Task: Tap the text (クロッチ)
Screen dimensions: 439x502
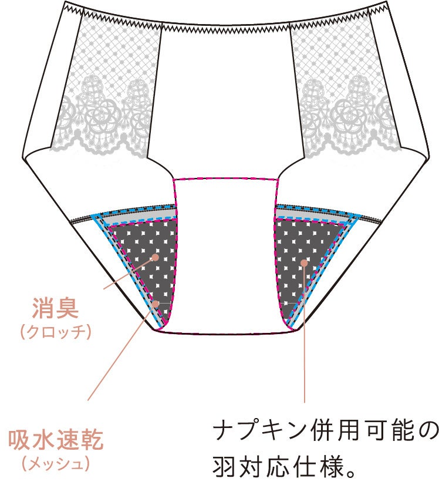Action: click(56, 332)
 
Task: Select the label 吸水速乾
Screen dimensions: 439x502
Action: click(56, 440)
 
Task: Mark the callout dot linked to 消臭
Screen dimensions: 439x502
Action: click(156, 257)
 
